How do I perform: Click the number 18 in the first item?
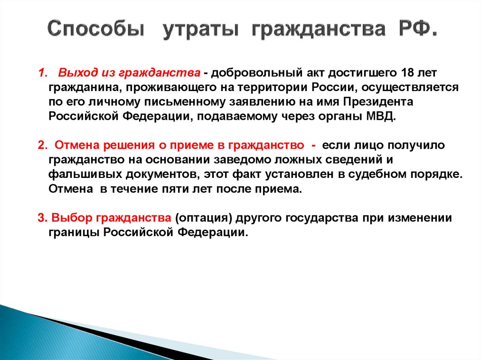point(409,73)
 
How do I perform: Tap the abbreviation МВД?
point(380,117)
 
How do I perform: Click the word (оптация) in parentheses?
point(204,219)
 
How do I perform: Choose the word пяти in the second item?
point(163,190)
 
